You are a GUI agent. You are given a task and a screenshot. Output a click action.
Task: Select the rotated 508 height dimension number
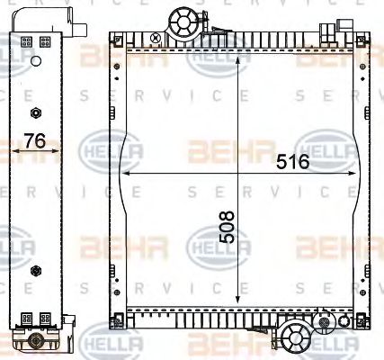pyautogui.click(x=226, y=229)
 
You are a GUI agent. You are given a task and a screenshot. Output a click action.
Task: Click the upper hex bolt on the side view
pyautogui.click(x=35, y=112)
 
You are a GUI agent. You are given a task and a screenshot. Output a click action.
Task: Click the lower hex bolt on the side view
pyautogui.click(x=35, y=269)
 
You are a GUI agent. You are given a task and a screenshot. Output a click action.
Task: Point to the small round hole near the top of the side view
pyautogui.click(x=35, y=61)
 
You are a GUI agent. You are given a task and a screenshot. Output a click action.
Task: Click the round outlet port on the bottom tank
pyautogui.click(x=293, y=338)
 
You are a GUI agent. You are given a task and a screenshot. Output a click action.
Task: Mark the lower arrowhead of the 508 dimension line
pyautogui.click(x=237, y=302)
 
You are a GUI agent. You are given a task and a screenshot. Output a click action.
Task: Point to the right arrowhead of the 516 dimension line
pyautogui.click(x=353, y=173)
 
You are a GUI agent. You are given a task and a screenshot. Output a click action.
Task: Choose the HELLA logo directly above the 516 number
pyautogui.click(x=326, y=142)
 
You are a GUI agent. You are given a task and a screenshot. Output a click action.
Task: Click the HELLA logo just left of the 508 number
pyautogui.click(x=208, y=241)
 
